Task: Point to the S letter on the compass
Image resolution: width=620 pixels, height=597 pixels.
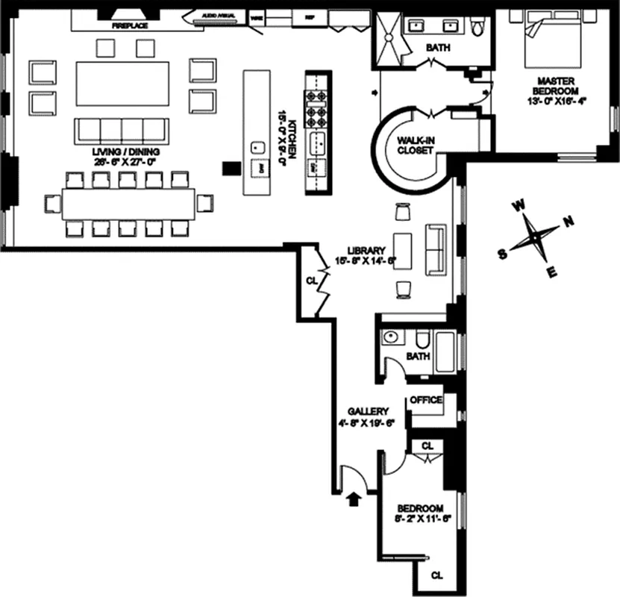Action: pyautogui.click(x=502, y=254)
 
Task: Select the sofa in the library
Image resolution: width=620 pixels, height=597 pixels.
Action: pyautogui.click(x=433, y=249)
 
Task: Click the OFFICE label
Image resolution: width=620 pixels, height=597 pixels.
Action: pyautogui.click(x=426, y=400)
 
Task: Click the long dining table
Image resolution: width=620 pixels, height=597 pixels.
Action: pyautogui.click(x=128, y=202)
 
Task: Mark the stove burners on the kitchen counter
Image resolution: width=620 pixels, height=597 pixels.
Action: pyautogui.click(x=313, y=108)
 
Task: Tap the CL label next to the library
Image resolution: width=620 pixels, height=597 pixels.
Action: pyautogui.click(x=311, y=281)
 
